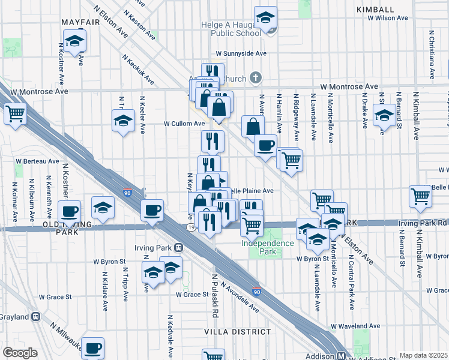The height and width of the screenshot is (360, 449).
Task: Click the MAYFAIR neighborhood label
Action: click(80, 23)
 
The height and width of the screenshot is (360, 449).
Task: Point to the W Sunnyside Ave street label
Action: click(241, 53)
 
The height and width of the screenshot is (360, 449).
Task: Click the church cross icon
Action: click(256, 78)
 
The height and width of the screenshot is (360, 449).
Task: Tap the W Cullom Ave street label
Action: click(185, 124)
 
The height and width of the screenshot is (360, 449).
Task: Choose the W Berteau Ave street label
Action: click(37, 162)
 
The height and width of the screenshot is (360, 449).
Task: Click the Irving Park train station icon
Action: click(178, 247)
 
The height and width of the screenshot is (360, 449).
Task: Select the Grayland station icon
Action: click(36, 316)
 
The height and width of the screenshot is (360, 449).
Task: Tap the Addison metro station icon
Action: click(340, 356)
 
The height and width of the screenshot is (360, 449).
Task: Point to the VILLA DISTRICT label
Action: click(238, 332)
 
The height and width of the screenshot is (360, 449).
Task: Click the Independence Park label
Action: click(268, 247)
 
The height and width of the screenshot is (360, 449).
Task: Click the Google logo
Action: click(20, 353)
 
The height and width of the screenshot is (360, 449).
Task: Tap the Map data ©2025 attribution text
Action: click(423, 355)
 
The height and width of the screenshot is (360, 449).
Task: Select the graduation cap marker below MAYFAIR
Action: click(75, 41)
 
